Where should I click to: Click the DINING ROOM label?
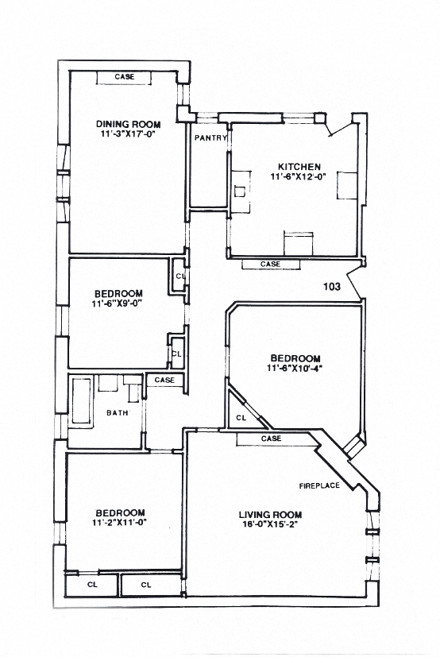click(128, 124)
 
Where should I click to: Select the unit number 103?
click(332, 287)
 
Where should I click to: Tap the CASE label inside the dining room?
click(124, 77)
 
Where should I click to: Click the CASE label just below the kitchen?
click(270, 264)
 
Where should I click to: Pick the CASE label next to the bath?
click(164, 381)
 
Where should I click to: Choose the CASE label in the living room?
click(271, 439)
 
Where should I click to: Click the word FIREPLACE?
click(318, 485)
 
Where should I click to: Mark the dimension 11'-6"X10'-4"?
click(294, 368)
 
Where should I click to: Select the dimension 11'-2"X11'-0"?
click(120, 523)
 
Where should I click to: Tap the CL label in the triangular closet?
click(241, 417)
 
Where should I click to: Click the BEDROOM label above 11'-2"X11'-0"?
click(120, 512)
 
